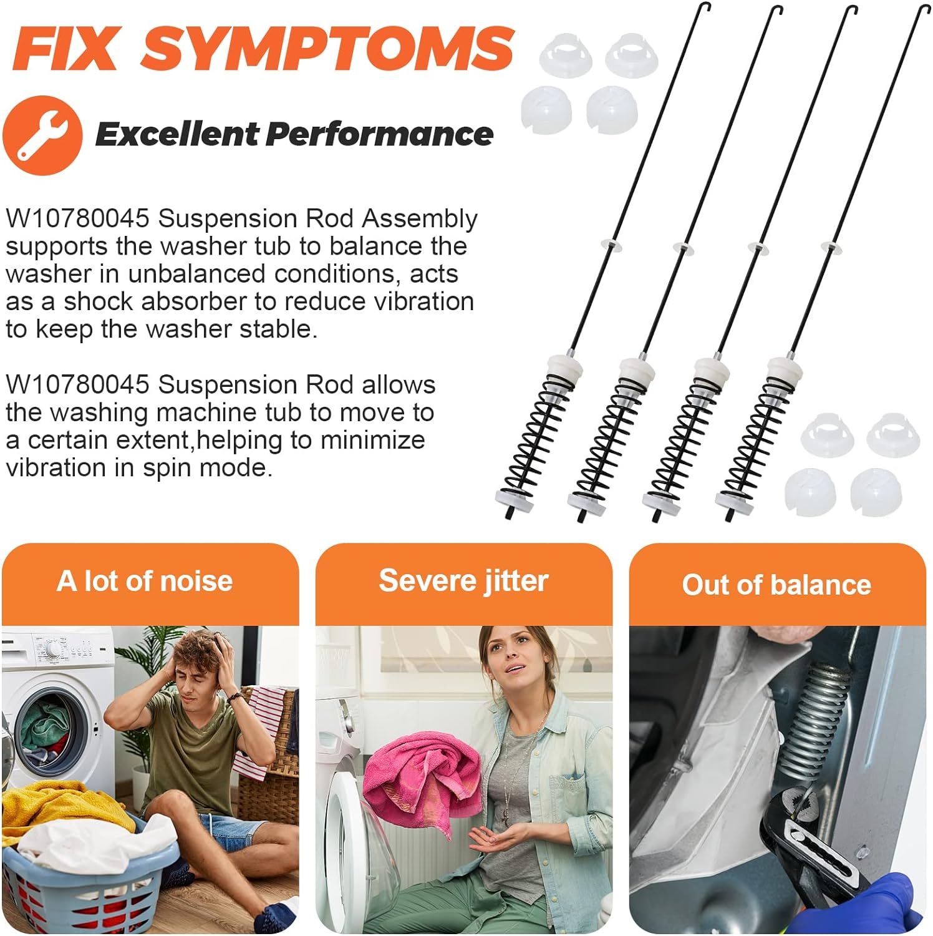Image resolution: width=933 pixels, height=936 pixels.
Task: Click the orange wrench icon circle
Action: pyautogui.click(x=42, y=135)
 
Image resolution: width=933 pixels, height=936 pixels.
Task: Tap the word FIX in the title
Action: pyautogui.click(x=65, y=48)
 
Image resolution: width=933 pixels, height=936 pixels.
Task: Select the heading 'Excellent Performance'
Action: pyautogui.click(x=294, y=134)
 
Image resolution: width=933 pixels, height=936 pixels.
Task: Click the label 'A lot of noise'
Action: pyautogui.click(x=145, y=581)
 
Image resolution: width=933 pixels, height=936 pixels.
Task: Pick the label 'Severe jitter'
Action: pyautogui.click(x=463, y=581)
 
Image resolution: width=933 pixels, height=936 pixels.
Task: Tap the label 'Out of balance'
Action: pyautogui.click(x=776, y=585)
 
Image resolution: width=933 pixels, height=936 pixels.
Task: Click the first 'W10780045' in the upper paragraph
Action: pyautogui.click(x=78, y=219)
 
